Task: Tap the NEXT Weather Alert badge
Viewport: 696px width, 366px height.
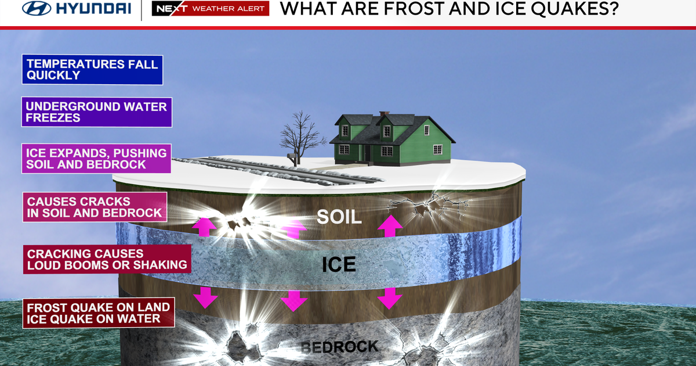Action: (x=210, y=9)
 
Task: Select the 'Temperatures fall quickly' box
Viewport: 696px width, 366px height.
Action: (x=92, y=69)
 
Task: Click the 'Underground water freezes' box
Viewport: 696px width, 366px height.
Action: (x=97, y=112)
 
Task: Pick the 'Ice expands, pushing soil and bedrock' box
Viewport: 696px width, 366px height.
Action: (x=96, y=159)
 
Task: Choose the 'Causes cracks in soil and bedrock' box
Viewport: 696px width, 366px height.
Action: (x=95, y=207)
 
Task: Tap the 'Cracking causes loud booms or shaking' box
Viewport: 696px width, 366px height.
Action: (x=107, y=259)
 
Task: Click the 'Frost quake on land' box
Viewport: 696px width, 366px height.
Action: (x=99, y=313)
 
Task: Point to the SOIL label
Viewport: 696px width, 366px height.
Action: (x=339, y=217)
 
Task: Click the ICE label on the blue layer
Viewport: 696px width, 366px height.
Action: (x=339, y=264)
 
